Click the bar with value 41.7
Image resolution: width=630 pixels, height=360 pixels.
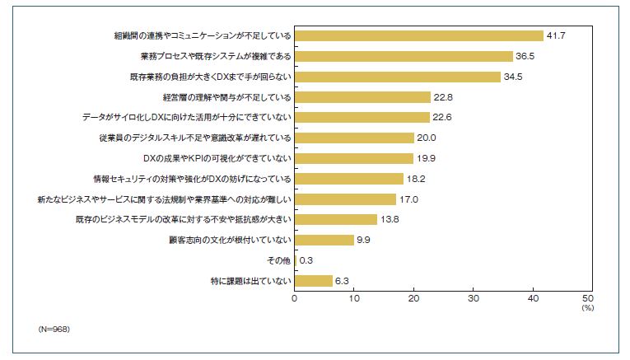coord(418,35)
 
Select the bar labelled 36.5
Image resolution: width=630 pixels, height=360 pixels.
coord(404,56)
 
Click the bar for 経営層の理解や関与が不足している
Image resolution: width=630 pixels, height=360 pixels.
coord(362,97)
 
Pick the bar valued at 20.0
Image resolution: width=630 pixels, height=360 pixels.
coord(353,138)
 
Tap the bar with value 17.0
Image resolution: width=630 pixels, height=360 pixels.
coord(345,199)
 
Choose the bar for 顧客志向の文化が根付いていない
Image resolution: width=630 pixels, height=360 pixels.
coord(324,240)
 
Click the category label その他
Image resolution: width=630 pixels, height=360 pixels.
coord(278,260)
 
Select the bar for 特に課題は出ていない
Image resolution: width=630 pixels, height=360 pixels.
coord(313,281)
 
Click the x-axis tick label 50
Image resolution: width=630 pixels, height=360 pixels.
coord(587,298)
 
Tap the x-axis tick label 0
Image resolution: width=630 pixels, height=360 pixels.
coord(294,298)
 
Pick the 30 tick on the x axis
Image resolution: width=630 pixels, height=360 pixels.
coord(470,298)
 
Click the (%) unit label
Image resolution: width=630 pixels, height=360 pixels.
coord(587,307)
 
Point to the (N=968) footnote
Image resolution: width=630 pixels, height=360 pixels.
coord(54,329)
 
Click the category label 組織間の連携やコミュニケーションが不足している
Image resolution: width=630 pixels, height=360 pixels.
coord(202,35)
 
